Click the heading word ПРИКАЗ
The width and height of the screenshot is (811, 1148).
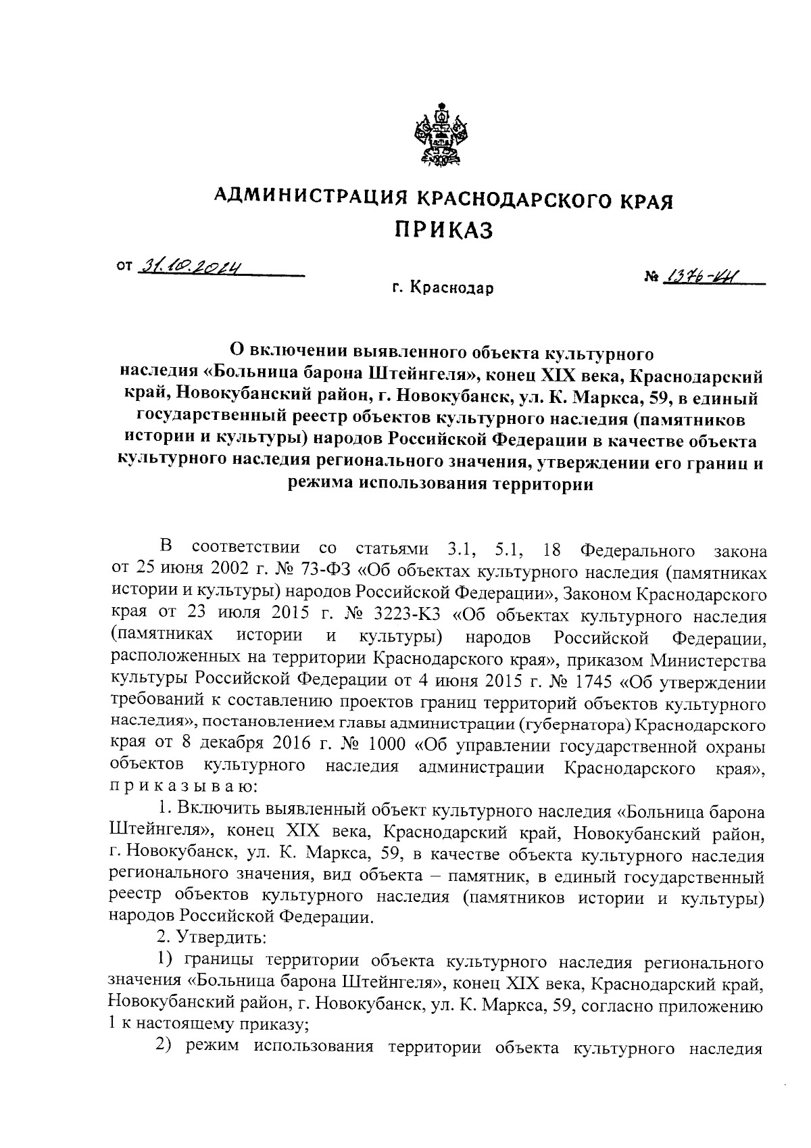(x=444, y=230)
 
